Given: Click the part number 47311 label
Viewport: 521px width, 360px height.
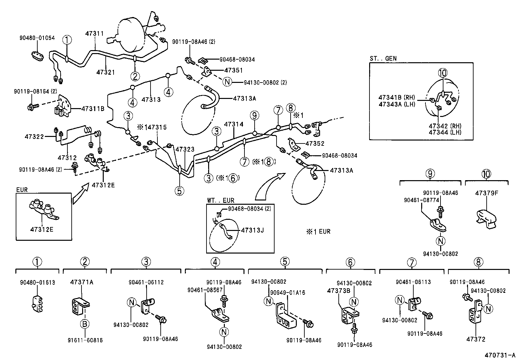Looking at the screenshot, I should [x=95, y=33].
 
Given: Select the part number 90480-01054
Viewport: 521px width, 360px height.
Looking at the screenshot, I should [x=34, y=38].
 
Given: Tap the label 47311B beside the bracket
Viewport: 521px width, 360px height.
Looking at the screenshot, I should [x=93, y=108].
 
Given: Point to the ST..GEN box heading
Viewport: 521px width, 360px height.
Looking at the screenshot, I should [x=383, y=59].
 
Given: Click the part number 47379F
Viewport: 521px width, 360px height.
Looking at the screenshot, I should [x=486, y=193].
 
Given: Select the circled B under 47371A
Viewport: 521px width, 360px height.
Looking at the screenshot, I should [x=85, y=324].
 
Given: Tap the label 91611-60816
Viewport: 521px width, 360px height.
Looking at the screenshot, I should [x=86, y=340].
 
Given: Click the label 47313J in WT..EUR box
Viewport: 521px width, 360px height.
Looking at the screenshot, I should [x=252, y=230].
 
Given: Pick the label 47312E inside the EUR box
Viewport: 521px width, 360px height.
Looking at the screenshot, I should [x=42, y=229].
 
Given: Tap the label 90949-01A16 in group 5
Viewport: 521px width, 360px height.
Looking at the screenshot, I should [x=287, y=293].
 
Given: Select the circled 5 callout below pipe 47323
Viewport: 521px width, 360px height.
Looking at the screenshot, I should [x=179, y=190].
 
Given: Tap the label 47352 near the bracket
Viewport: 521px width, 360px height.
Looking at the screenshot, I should [x=315, y=143].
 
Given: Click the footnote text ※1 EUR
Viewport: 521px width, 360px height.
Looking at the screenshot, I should [x=318, y=232].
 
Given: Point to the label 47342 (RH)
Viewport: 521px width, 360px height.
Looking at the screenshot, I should [x=445, y=126].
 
